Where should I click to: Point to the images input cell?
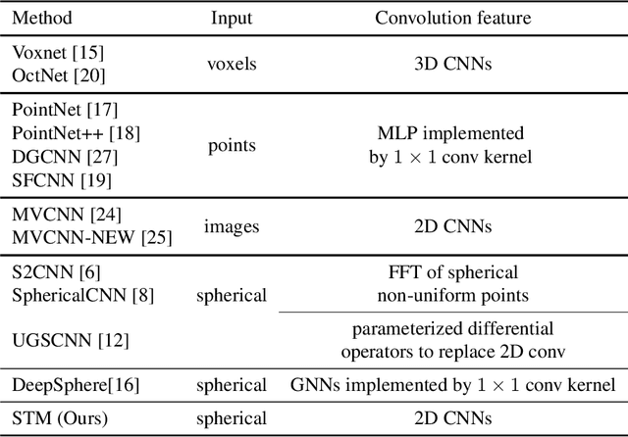click(x=231, y=225)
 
